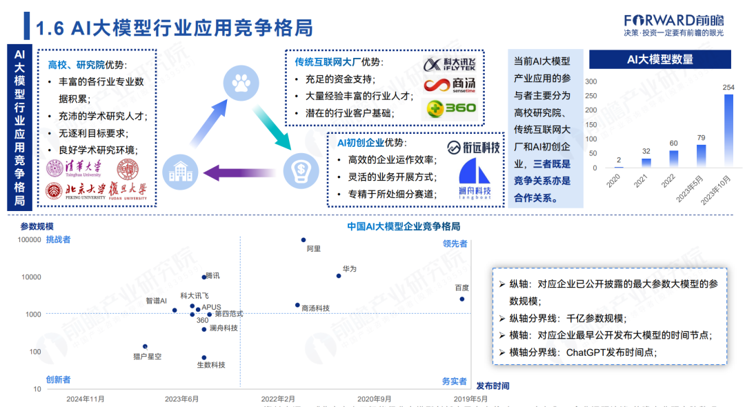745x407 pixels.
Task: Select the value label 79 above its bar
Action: click(701, 138)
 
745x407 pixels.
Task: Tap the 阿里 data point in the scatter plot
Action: click(304, 240)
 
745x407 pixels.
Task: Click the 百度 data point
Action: click(462, 299)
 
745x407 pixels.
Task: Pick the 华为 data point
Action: click(339, 276)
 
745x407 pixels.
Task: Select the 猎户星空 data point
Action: click(145, 346)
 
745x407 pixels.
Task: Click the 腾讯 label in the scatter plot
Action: click(212, 276)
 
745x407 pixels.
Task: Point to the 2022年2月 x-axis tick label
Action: click(278, 399)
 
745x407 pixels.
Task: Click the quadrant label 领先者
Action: click(455, 244)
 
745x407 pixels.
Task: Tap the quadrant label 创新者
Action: click(58, 380)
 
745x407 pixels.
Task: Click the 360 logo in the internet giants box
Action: click(451, 108)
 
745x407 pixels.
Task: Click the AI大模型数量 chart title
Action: click(660, 60)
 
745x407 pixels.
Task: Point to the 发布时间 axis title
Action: click(493, 386)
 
